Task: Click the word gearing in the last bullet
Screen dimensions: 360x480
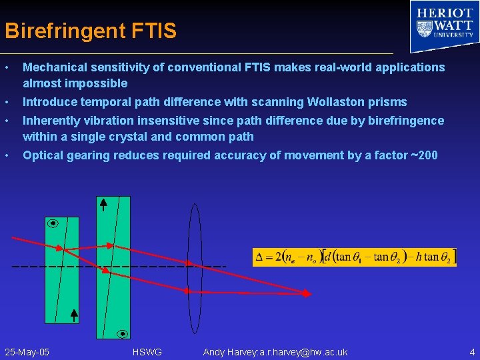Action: point(86,155)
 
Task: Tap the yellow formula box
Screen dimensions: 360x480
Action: point(355,257)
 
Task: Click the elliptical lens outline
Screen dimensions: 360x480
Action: point(195,268)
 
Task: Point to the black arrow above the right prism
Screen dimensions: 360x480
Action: point(103,204)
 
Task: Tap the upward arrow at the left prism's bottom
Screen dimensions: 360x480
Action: point(74,315)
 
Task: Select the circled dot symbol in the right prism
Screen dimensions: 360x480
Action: point(123,333)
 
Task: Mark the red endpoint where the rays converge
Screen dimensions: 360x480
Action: point(307,293)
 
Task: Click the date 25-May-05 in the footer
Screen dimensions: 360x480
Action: point(27,352)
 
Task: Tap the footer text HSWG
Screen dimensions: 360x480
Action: point(147,352)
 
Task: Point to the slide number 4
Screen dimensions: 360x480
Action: point(472,352)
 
